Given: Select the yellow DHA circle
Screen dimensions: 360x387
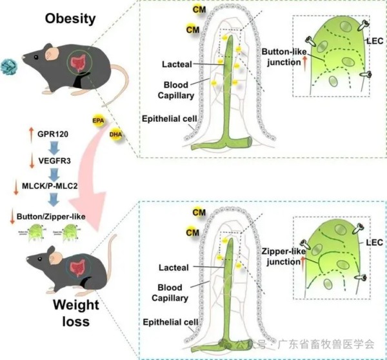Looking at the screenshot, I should click(x=116, y=135).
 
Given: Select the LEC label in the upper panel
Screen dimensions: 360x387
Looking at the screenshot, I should click(x=374, y=41).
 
